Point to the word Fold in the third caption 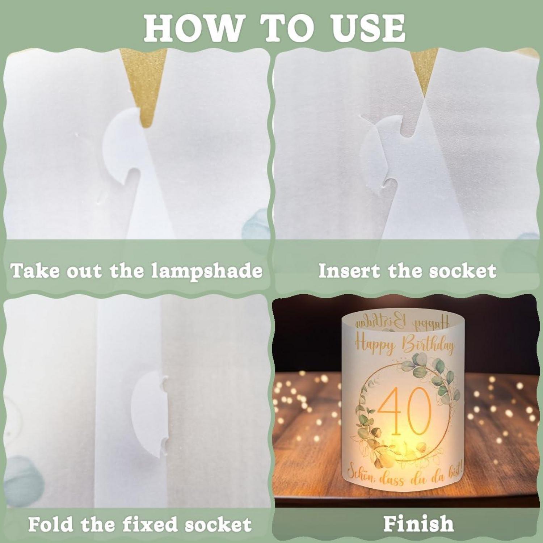[x=50, y=524]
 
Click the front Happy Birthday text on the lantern [x=404, y=344]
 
